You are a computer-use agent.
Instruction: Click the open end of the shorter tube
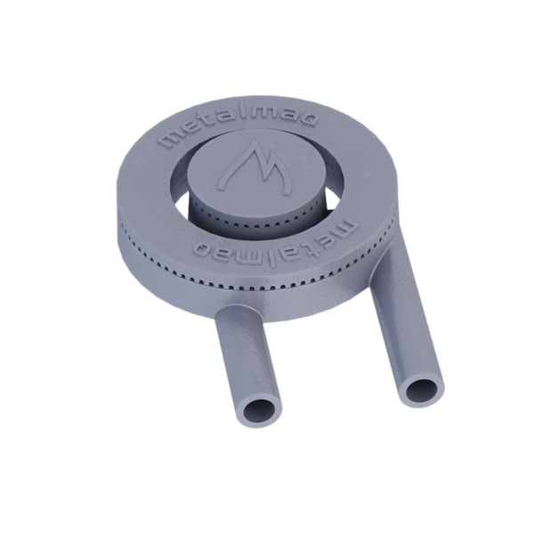tap(259, 410)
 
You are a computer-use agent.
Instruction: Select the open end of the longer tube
tap(420, 389)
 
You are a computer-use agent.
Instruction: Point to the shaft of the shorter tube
tap(246, 356)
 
